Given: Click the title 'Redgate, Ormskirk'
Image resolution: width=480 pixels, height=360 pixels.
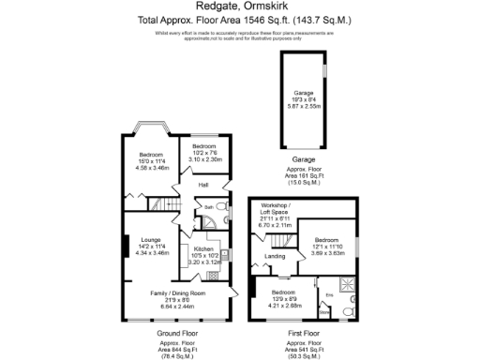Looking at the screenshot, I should [x=240, y=7].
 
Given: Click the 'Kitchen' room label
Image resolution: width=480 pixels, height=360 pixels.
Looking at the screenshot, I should [x=204, y=248].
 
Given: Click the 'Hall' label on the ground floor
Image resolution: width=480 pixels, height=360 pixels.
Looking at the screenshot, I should [x=202, y=186].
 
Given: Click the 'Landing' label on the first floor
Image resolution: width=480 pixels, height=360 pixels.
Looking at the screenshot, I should [x=275, y=256].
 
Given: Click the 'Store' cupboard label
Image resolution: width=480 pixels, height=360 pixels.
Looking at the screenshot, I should [x=323, y=315].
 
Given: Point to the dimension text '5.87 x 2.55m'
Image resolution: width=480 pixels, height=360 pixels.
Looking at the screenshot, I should [x=304, y=105].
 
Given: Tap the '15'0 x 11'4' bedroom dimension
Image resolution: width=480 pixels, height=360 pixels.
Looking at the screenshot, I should [x=151, y=161].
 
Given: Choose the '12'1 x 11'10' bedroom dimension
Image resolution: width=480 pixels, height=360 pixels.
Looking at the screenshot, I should [x=330, y=246].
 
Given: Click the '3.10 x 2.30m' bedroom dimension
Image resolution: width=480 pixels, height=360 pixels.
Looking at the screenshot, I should [x=204, y=160].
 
